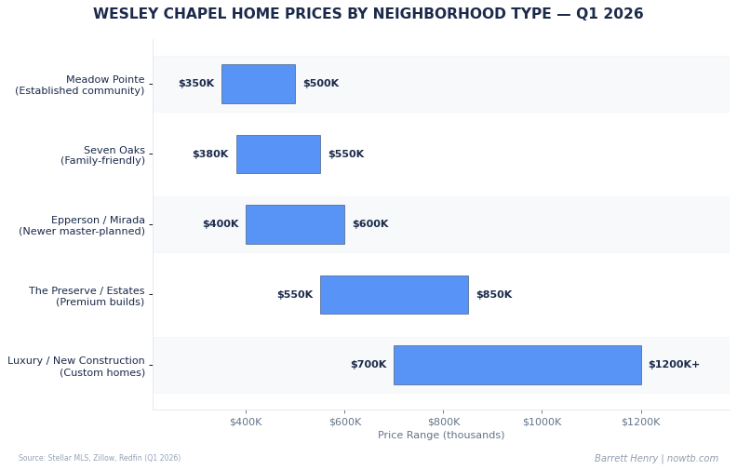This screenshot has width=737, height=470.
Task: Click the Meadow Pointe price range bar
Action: [x=258, y=84]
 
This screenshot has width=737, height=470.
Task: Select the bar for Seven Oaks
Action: [x=278, y=154]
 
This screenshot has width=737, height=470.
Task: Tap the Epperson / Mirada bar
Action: [x=295, y=224]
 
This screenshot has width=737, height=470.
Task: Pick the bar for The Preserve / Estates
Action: [x=394, y=295]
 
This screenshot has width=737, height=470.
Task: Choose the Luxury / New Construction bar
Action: [x=517, y=365]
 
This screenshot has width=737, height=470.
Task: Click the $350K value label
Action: [x=196, y=84]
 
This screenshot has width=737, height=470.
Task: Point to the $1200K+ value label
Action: [x=674, y=365]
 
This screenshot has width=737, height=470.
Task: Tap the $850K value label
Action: [x=494, y=295]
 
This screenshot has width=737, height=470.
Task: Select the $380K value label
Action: [x=210, y=154]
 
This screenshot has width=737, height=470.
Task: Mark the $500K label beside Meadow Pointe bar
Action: [x=321, y=84]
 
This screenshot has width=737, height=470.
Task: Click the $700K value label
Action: [x=368, y=365]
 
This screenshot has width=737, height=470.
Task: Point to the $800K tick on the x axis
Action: [x=443, y=422]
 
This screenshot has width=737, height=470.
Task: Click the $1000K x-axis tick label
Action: [x=542, y=422]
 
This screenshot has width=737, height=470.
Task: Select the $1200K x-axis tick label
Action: [x=641, y=422]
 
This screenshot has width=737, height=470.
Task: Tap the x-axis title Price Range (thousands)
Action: [x=441, y=436]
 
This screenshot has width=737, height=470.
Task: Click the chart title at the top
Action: [x=368, y=15]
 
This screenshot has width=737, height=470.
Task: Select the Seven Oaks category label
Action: [x=102, y=155]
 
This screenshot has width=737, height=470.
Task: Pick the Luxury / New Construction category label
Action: [x=76, y=367]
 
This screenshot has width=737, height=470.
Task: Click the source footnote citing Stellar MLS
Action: [x=100, y=458]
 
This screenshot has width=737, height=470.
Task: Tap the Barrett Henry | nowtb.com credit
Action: [x=656, y=459]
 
